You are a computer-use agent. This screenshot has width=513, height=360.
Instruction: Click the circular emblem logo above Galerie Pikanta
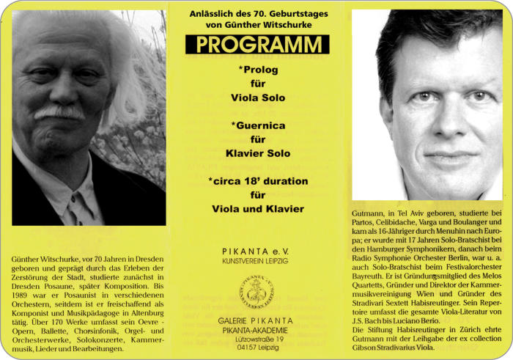pyautogui.click(x=256, y=291)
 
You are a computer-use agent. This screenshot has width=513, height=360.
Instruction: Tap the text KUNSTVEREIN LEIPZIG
pyautogui.click(x=256, y=260)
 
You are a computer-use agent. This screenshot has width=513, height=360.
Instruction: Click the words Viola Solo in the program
pyautogui.click(x=257, y=98)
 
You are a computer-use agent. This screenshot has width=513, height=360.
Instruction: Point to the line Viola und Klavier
pyautogui.click(x=257, y=209)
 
